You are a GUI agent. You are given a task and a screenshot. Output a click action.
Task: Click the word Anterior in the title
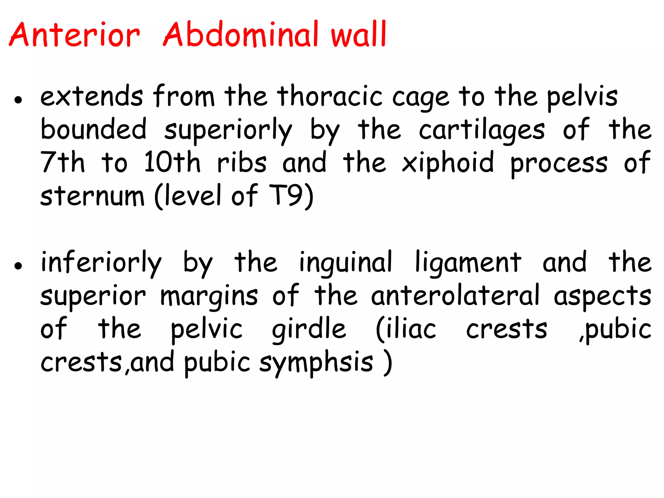pos(75,35)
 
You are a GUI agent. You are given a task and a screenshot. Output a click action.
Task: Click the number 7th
pos(63,162)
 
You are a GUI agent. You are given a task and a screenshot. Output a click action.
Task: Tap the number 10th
pos(172,162)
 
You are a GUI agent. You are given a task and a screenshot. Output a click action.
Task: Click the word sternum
pos(92,196)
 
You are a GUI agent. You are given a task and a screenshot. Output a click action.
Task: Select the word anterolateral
pos(455,296)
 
